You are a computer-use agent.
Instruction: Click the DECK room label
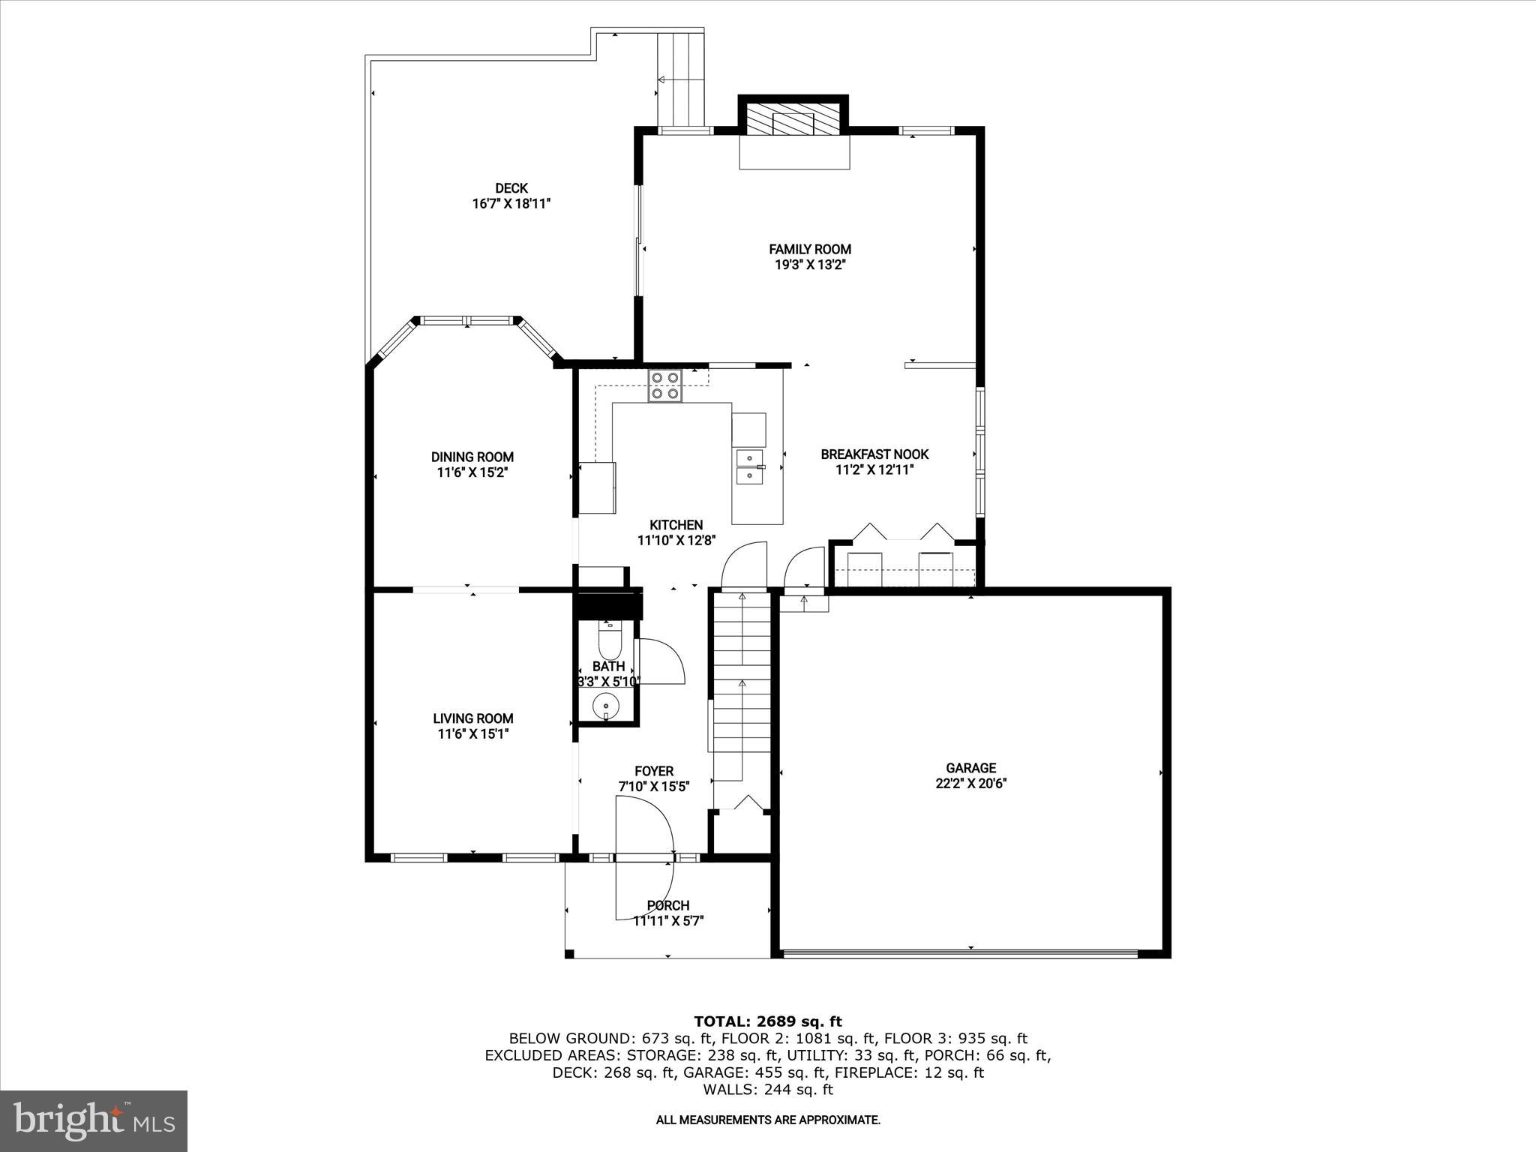(511, 188)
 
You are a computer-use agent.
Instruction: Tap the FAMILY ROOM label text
(810, 249)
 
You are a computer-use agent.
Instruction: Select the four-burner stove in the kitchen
(665, 385)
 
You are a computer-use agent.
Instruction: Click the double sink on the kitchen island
(749, 466)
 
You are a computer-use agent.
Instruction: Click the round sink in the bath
(605, 706)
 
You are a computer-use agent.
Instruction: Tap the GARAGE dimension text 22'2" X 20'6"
(970, 784)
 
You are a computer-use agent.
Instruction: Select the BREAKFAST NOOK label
(874, 454)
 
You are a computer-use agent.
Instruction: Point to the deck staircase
(681, 79)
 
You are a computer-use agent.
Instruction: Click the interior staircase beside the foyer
(741, 682)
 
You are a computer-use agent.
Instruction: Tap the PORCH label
(667, 905)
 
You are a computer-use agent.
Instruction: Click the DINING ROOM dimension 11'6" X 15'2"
(472, 472)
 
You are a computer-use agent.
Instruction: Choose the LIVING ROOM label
(472, 718)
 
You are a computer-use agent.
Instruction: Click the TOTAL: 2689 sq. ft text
(768, 1021)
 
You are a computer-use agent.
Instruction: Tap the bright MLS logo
(94, 1120)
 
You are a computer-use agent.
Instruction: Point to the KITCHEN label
(676, 525)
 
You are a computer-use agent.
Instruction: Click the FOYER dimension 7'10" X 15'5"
(653, 787)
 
